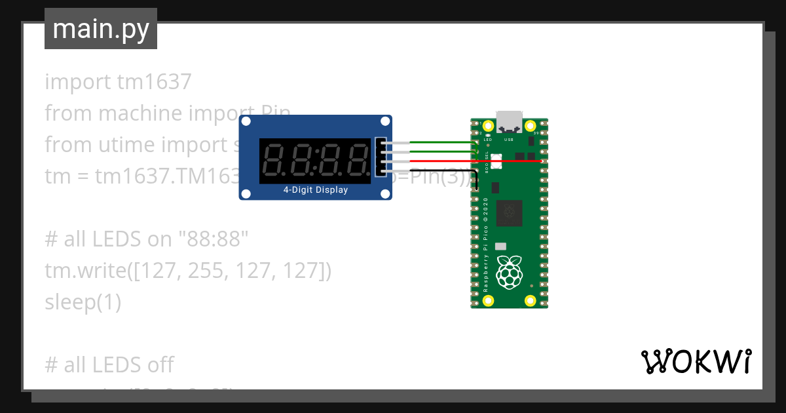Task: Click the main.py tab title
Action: coord(101,29)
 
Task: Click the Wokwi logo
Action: coord(696,362)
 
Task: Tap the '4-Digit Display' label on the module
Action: coord(315,190)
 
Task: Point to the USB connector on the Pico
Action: coord(509,121)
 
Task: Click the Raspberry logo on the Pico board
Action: coord(509,271)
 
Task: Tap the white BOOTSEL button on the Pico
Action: coord(495,158)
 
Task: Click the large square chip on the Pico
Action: coord(508,212)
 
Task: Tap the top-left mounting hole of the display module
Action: coord(246,121)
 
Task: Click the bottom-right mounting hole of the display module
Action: coord(385,194)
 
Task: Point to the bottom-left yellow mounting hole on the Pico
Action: coord(488,301)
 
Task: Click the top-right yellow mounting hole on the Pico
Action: coord(531,125)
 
